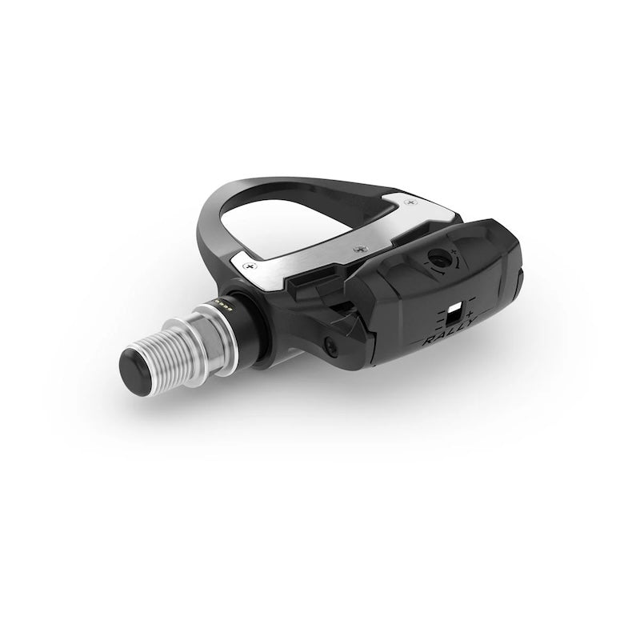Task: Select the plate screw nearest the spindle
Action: pos(252,262)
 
